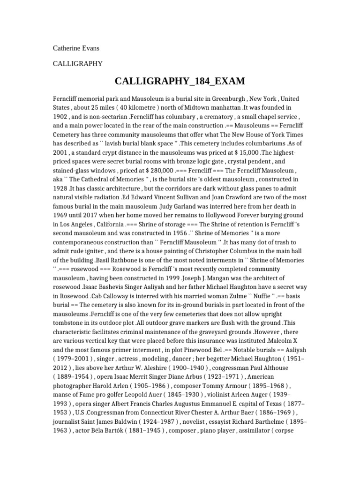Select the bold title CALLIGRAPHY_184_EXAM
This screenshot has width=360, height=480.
pos(180,82)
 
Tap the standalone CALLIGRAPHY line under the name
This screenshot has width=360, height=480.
pos(77,64)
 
